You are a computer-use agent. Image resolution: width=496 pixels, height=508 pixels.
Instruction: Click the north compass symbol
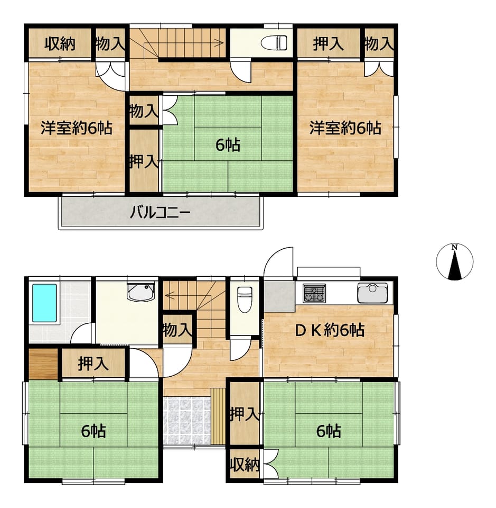coord(454,262)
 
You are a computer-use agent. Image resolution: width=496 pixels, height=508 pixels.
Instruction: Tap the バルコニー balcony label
coord(160,213)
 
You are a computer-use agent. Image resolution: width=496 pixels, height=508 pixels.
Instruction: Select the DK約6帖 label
coord(330,330)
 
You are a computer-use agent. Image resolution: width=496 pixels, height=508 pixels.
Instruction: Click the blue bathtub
coord(44,303)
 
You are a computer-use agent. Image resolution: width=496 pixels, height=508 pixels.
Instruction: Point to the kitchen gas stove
coord(314,293)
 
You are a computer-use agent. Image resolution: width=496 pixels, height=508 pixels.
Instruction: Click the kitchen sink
coord(372,293)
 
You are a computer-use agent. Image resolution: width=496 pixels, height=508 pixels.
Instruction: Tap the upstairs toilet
coord(274,43)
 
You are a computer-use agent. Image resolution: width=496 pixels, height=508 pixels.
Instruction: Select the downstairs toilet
coord(245,300)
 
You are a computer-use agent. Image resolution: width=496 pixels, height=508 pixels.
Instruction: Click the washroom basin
coord(141,292)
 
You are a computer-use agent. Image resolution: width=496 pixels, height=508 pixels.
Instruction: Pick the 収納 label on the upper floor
coord(60,44)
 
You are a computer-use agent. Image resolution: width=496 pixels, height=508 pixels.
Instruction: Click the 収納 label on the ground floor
coord(245,466)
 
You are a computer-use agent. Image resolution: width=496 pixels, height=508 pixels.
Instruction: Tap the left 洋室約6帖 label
coord(76,128)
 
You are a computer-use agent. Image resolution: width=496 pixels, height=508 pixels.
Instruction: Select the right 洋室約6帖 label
coord(345,128)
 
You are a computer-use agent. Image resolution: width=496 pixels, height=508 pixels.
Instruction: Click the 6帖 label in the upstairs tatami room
coord(228,145)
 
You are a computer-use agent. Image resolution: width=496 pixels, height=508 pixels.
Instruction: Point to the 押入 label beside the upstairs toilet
coord(328,44)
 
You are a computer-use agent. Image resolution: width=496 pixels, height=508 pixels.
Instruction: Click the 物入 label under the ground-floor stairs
coord(177,330)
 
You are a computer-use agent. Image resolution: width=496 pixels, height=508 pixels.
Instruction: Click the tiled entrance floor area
coord(187,420)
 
